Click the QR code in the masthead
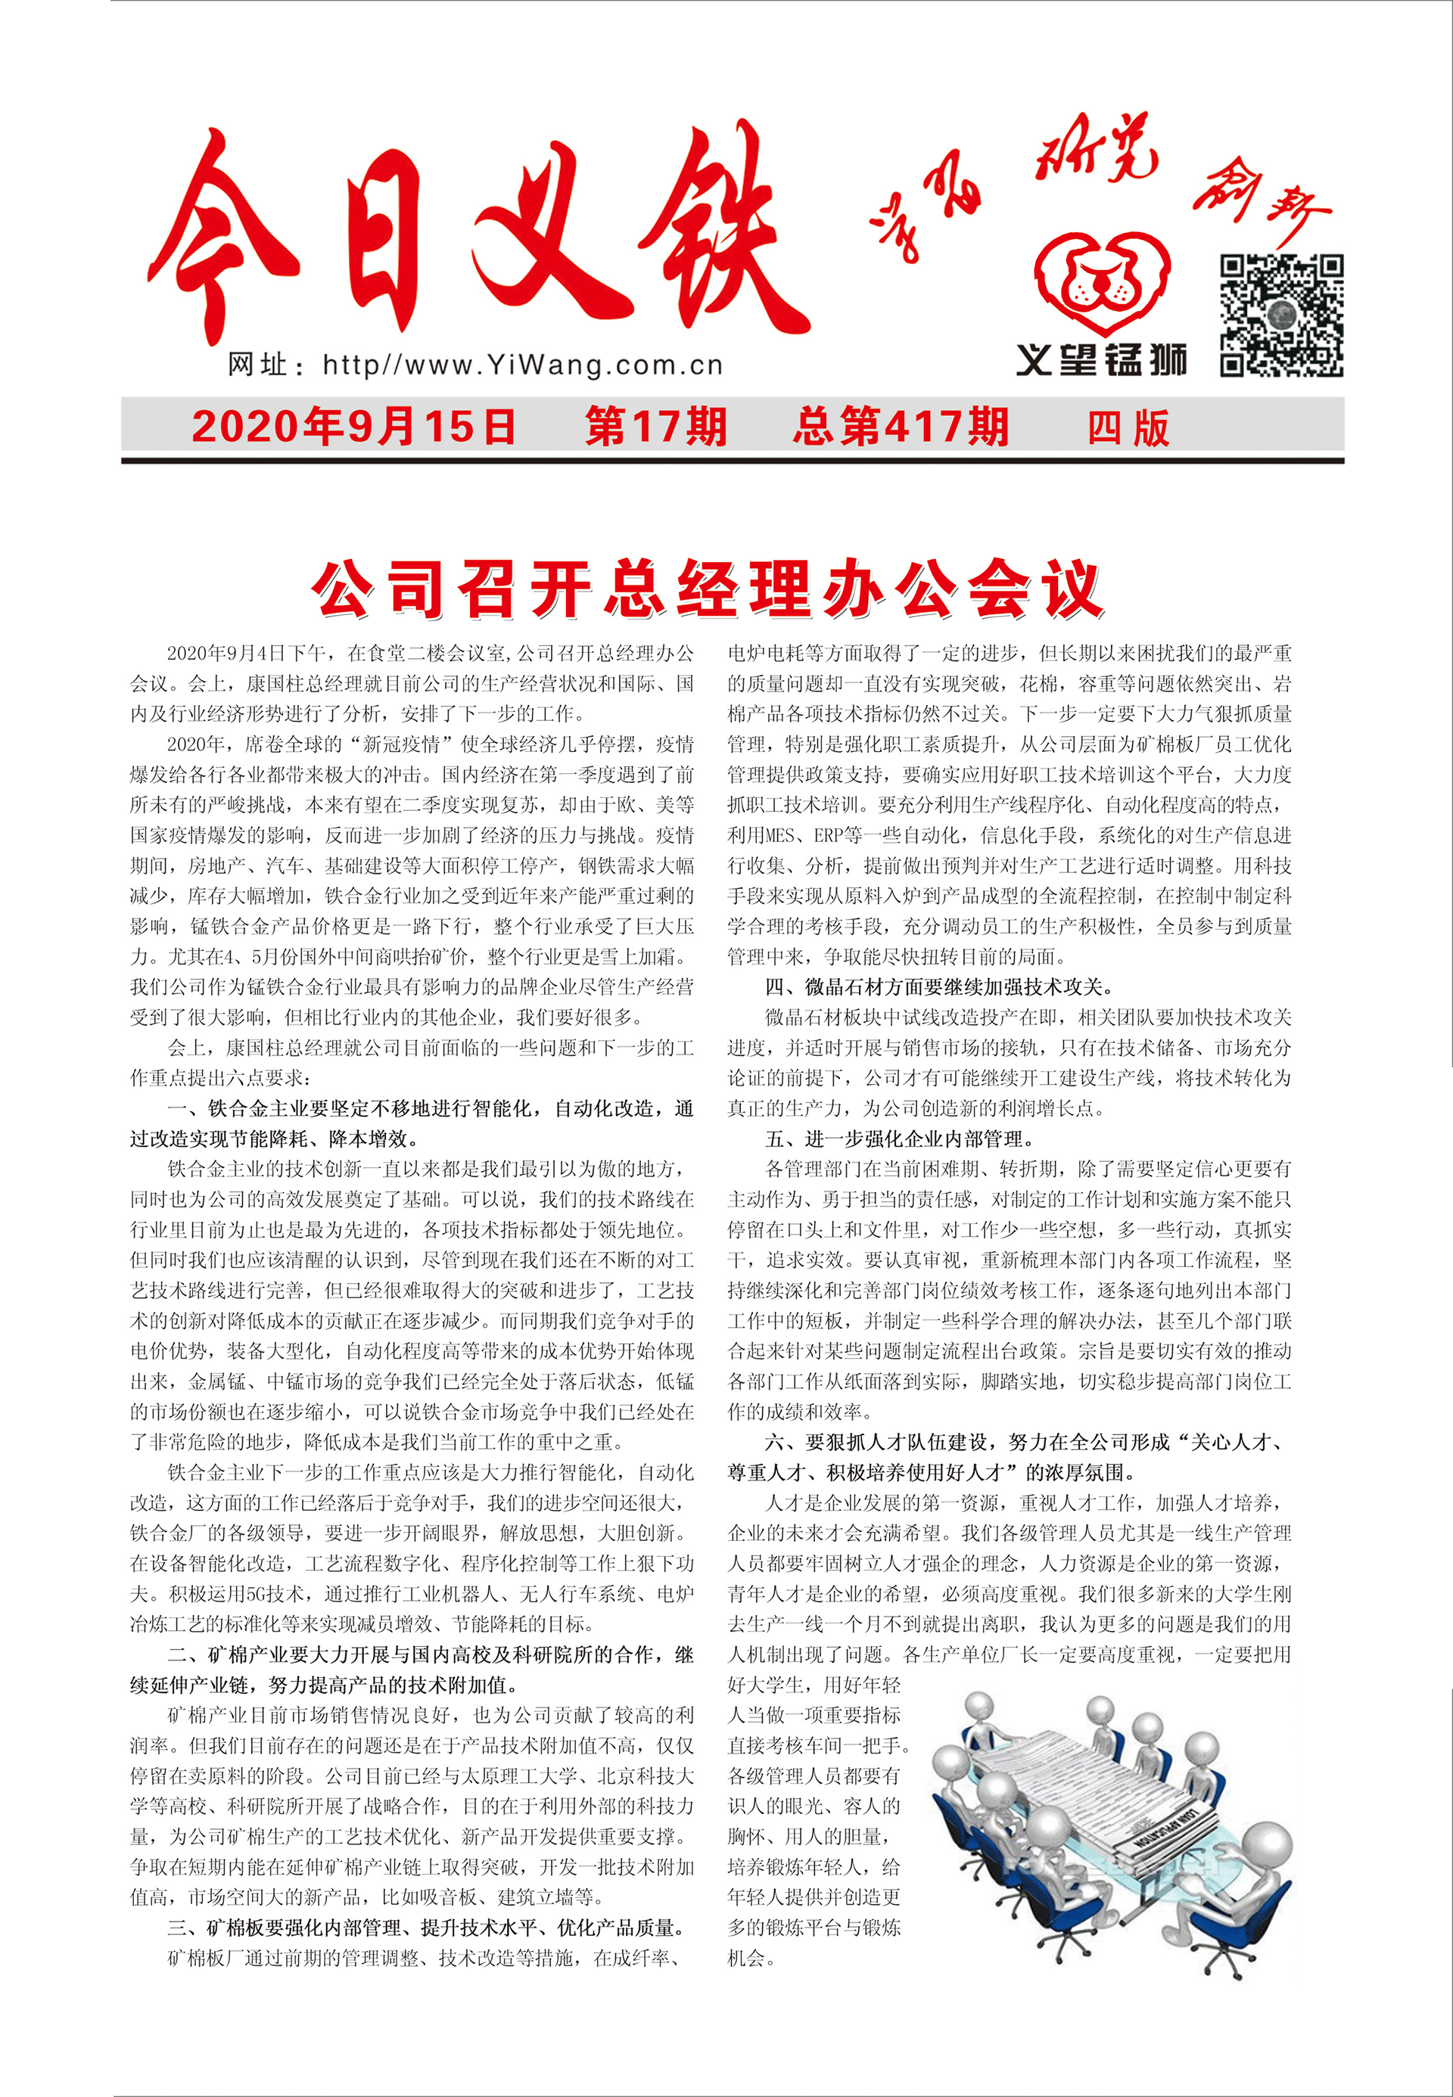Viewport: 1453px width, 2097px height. pos(1281,315)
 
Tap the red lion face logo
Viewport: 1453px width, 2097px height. pos(1103,282)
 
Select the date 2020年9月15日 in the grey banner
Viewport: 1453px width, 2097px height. pos(353,427)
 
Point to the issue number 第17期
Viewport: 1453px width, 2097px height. pos(655,427)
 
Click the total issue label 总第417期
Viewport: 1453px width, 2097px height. pos(901,427)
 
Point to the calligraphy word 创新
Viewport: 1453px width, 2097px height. pos(1261,206)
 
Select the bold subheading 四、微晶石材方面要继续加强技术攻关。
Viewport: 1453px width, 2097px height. pos(938,986)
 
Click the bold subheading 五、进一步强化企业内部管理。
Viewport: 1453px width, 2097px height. pos(900,1139)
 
